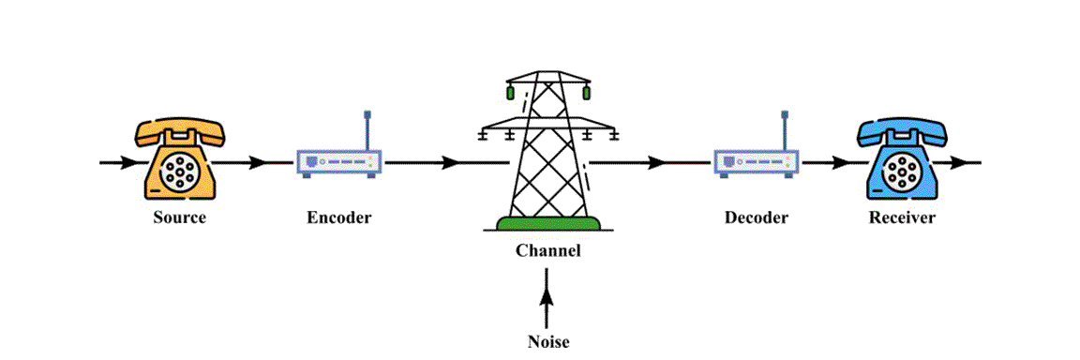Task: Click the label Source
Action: (179, 218)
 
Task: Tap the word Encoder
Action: (338, 218)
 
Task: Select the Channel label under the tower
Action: (548, 250)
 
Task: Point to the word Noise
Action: (548, 341)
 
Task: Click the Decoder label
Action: (757, 218)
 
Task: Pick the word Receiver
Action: (902, 218)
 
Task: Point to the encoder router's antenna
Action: (367, 130)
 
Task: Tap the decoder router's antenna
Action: (786, 130)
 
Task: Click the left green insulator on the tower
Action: (510, 92)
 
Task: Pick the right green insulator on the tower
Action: (586, 92)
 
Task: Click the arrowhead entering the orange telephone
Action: (128, 163)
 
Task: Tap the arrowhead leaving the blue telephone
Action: (960, 163)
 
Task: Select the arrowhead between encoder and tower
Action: (451, 163)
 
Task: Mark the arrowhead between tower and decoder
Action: (658, 163)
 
